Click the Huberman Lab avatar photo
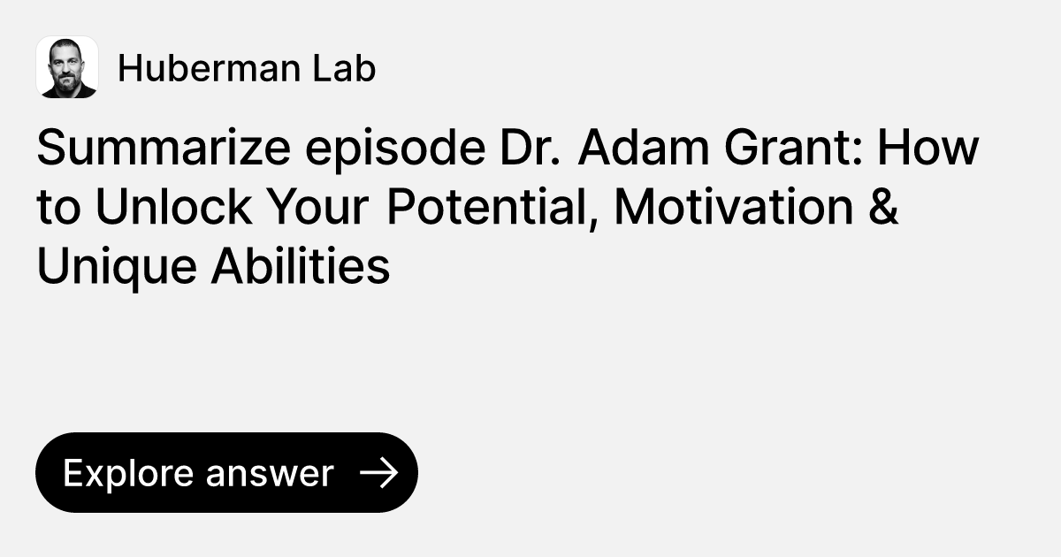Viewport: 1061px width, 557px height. click(x=67, y=67)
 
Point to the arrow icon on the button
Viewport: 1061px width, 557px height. click(x=379, y=473)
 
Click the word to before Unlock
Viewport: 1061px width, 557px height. click(x=57, y=209)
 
